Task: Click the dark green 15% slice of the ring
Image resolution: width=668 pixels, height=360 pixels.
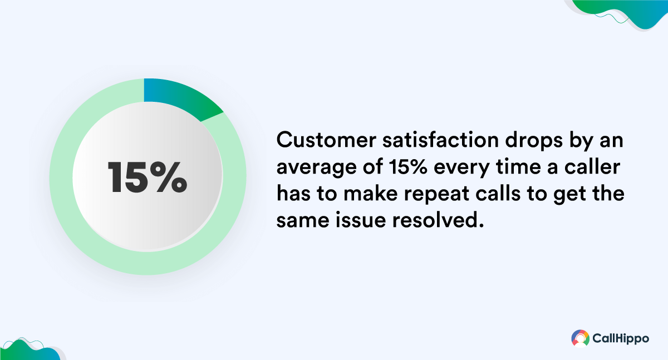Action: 179,97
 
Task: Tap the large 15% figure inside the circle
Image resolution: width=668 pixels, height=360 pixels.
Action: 148,177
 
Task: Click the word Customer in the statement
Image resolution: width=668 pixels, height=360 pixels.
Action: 326,140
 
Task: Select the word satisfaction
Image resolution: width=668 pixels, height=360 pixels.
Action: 441,140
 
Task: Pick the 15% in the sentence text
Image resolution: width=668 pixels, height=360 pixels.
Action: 409,166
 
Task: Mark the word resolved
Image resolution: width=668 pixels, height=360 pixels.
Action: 438,220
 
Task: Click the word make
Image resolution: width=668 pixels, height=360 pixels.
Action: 371,193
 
